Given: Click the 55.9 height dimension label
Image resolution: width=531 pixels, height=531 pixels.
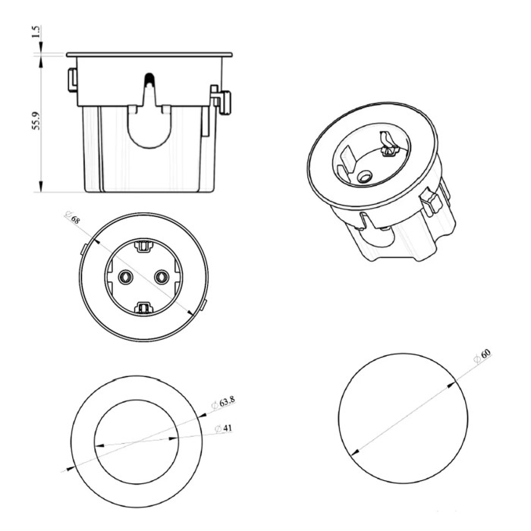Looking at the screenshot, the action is (x=36, y=121).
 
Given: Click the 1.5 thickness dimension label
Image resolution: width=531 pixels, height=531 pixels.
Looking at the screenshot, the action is (x=36, y=32).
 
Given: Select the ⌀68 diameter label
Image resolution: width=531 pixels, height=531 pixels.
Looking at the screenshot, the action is (x=73, y=218).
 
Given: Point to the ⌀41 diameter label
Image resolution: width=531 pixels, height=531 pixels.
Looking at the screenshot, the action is (x=224, y=429).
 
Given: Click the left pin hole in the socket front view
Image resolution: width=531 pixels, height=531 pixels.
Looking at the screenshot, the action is (x=126, y=278).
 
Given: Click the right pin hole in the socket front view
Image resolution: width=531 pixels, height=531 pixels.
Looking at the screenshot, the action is (x=162, y=278).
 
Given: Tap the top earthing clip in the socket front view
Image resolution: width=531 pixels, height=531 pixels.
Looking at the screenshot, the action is (x=143, y=247).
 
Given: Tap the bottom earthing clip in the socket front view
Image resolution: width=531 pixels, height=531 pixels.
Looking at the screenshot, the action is (x=143, y=308).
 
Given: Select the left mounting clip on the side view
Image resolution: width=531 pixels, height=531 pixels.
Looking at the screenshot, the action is (x=73, y=80).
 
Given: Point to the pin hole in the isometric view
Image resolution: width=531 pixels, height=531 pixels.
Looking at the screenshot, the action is (x=365, y=177).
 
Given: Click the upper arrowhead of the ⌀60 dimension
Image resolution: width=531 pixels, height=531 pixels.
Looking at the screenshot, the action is (x=451, y=385).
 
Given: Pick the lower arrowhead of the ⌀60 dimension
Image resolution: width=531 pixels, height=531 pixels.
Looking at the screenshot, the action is (x=355, y=452).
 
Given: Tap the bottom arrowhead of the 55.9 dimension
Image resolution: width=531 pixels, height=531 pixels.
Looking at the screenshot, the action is (x=41, y=187).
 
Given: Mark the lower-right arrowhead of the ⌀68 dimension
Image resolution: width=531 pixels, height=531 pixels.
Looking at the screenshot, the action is (x=190, y=313).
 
